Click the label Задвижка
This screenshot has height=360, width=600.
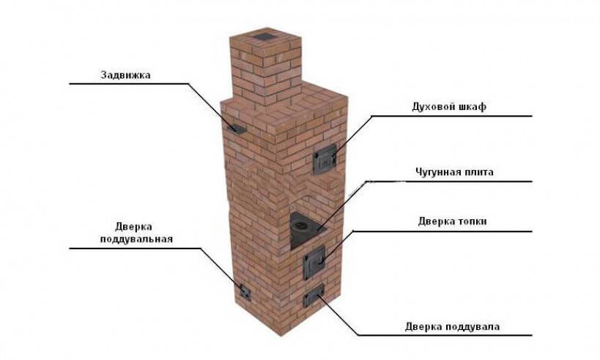tap(125, 75)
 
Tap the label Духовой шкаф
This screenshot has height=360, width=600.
tap(449, 106)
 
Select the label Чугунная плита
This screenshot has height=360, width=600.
tap(454, 172)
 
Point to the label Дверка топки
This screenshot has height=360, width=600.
tap(452, 221)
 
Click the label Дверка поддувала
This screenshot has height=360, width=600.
tap(452, 327)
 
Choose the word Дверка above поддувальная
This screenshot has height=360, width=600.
tap(133, 227)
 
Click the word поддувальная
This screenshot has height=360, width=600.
tap(136, 239)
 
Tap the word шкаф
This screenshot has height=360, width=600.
tap(472, 106)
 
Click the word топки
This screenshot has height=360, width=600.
tap(472, 221)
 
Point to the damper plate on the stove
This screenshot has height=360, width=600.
tap(237, 129)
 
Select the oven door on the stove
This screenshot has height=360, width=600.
tap(325, 159)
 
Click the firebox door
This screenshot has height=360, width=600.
tap(314, 262)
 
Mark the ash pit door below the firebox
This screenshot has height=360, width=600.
tap(314, 295)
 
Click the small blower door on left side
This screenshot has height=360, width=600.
tap(245, 293)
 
